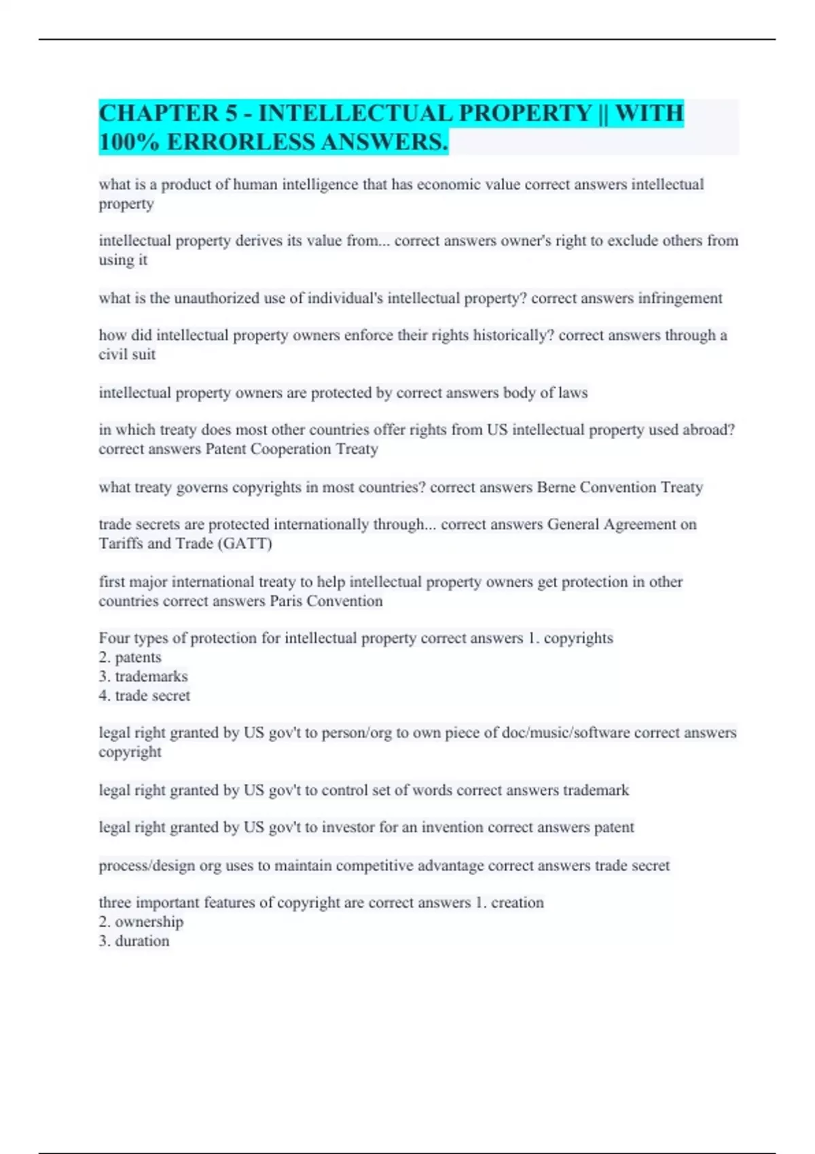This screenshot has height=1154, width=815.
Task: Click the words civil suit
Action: pos(127,354)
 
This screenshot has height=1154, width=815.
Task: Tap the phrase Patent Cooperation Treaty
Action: pos(291,449)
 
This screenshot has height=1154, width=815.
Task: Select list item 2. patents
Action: pos(130,657)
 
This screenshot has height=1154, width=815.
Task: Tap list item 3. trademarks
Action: pos(143,676)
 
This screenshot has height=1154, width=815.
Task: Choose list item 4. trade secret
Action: pos(144,696)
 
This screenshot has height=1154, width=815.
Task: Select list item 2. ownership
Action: pos(141,922)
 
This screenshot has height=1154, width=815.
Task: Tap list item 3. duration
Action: pos(134,941)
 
